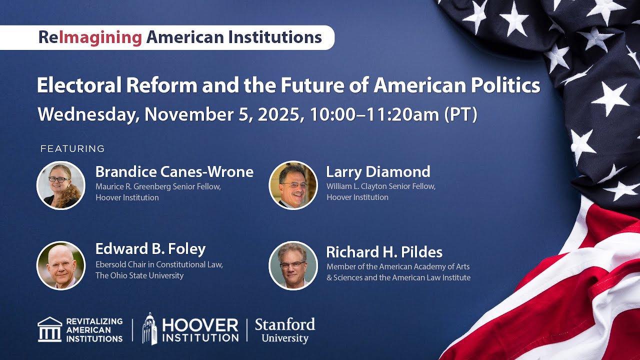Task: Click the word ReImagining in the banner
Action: pos(90,37)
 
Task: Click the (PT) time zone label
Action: pos(460,114)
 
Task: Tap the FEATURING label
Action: pos(72,148)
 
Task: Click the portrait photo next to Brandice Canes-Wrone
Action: pos(61,185)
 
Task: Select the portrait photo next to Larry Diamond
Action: pos(293,185)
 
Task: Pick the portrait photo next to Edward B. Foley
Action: pos(61,265)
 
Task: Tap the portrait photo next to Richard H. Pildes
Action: pos(293,265)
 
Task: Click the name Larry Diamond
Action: pos(378,172)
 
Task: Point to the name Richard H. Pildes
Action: pos(384,252)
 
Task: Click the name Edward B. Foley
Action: pos(150,249)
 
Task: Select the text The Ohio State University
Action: pos(139,275)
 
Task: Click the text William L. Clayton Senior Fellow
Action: pos(381,186)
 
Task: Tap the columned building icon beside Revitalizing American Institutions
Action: pos(50,329)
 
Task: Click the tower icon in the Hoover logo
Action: pos(149,328)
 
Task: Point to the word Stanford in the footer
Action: pos(285,324)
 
